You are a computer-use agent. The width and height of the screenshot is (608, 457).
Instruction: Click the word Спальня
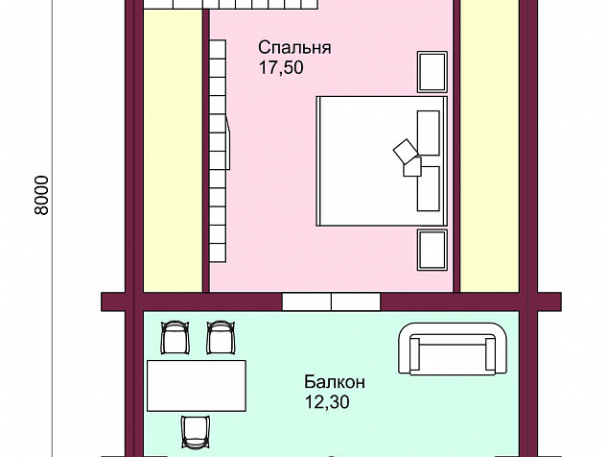pyautogui.click(x=294, y=48)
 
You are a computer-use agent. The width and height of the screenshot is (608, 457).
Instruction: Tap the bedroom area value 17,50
pyautogui.click(x=281, y=67)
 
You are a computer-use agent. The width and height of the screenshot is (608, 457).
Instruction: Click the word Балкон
pyautogui.click(x=335, y=382)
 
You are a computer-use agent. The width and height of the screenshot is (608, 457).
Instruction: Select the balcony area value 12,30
pyautogui.click(x=327, y=402)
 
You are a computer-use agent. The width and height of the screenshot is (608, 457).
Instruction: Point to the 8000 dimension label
pyautogui.click(x=42, y=195)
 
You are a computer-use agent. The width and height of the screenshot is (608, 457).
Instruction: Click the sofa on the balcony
pyautogui.click(x=453, y=349)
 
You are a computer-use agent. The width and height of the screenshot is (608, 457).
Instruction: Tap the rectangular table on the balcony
pyautogui.click(x=197, y=386)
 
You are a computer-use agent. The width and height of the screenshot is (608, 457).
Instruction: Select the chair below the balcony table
pyautogui.click(x=196, y=432)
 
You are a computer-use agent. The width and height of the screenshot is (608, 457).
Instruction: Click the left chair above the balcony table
pyautogui.click(x=175, y=337)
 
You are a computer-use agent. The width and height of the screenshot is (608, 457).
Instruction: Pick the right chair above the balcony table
pyautogui.click(x=221, y=337)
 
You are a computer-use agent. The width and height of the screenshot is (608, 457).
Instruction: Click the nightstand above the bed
pyautogui.click(x=432, y=72)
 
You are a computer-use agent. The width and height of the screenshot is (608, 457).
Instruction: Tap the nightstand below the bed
pyautogui.click(x=432, y=250)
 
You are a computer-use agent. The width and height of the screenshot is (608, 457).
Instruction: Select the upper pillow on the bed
pyautogui.click(x=428, y=132)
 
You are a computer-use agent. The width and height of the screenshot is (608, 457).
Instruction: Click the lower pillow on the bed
pyautogui.click(x=428, y=189)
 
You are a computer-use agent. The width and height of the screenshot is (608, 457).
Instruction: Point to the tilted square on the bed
pyautogui.click(x=406, y=152)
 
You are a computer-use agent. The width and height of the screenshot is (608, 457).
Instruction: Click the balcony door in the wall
pyautogui.click(x=331, y=301)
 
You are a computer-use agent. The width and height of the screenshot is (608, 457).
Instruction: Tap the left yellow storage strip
pyautogui.click(x=173, y=151)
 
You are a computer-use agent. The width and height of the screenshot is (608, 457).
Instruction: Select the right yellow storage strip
pyautogui.click(x=489, y=146)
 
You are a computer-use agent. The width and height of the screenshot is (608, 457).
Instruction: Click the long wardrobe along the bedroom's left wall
pyautogui.click(x=218, y=151)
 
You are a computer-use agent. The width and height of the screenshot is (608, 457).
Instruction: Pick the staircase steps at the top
pyautogui.click(x=231, y=4)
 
